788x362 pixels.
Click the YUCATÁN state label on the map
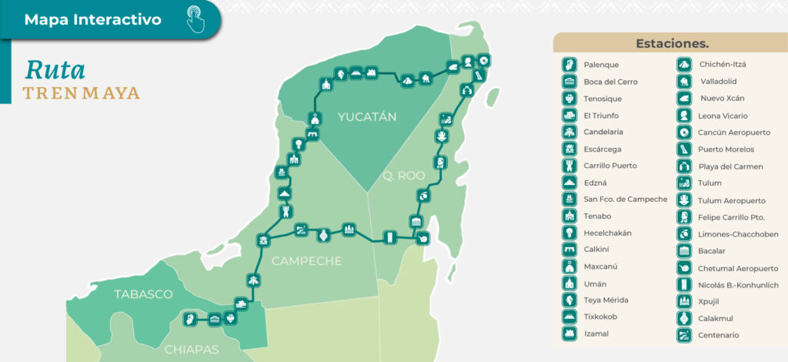(366, 117)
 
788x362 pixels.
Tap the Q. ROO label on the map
(404, 176)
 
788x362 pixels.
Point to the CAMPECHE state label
(306, 261)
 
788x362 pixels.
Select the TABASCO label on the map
(142, 294)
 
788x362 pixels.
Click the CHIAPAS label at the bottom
(192, 349)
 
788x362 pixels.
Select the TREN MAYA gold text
(81, 93)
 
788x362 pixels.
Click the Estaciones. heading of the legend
(672, 43)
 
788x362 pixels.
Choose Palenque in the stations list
(601, 65)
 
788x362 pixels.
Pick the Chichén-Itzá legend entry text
(723, 64)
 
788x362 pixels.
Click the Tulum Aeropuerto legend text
(732, 200)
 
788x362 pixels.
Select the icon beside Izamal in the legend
(569, 334)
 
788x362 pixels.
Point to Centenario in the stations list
(720, 335)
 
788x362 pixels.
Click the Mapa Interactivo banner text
(93, 20)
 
